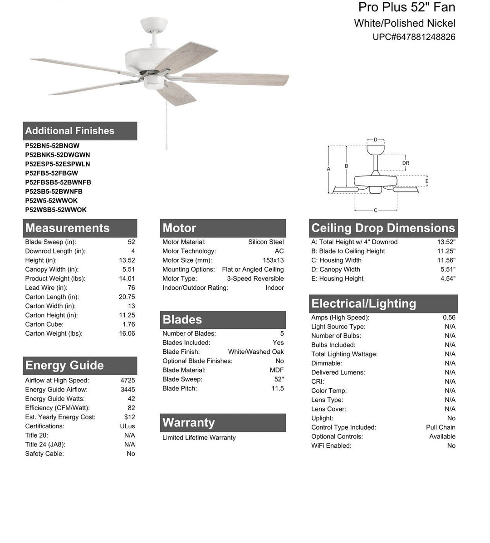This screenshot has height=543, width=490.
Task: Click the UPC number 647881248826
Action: coord(414,37)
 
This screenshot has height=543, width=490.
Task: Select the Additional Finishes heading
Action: coord(70,131)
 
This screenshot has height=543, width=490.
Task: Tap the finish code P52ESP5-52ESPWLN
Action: coord(58,164)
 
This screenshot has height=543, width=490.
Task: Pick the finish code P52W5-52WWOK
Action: coord(51,201)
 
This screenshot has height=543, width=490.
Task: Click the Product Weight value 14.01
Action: coord(127,279)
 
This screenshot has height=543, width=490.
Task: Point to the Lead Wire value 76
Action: coord(131,288)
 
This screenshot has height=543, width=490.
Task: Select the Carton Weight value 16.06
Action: coord(127,333)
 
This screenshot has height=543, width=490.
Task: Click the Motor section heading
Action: coord(180,228)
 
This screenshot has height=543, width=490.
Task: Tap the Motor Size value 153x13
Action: coord(273,260)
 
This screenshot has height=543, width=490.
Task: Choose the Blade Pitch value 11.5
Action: coord(277,388)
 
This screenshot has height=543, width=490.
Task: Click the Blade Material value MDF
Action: coord(277,370)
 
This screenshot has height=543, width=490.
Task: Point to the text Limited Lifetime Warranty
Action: coord(199,438)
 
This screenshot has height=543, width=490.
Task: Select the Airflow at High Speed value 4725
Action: coord(127,381)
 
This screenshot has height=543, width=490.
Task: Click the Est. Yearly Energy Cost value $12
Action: coord(129,417)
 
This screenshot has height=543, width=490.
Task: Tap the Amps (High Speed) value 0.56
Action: coord(449,318)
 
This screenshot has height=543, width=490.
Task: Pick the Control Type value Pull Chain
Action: coord(441,427)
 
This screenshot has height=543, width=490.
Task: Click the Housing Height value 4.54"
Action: coord(448,279)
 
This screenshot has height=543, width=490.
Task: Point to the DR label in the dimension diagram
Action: coord(406,163)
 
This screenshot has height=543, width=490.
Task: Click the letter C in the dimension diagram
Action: coord(376,210)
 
